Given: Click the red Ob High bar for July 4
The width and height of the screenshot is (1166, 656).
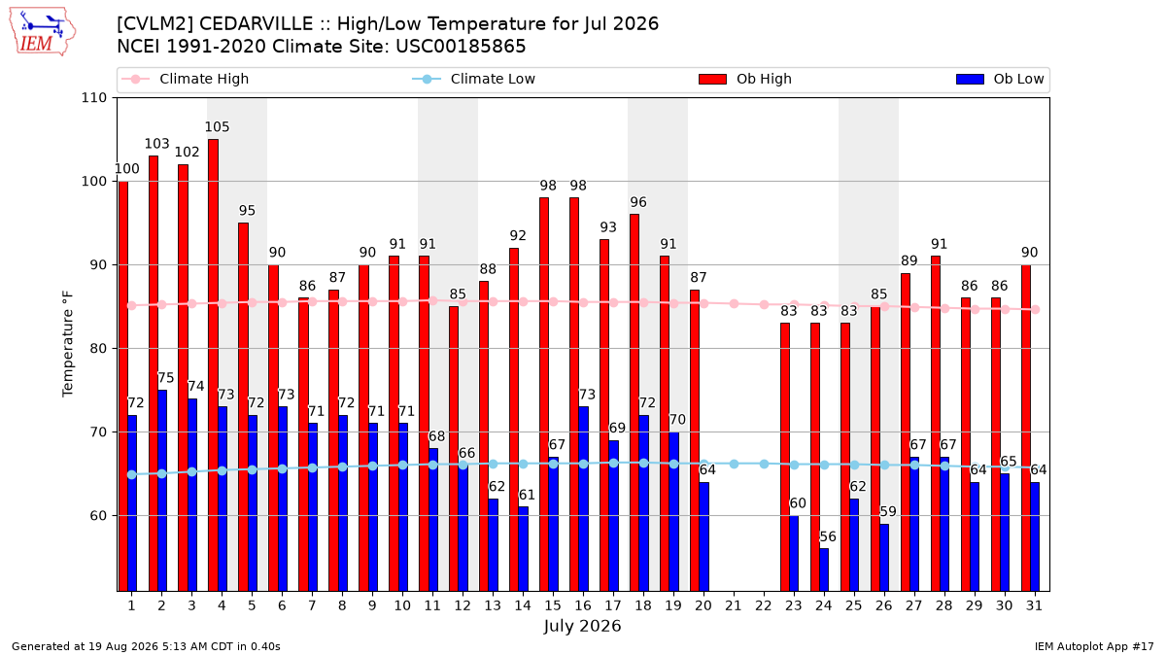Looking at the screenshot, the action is click(213, 365).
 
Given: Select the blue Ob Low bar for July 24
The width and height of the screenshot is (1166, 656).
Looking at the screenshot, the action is click(824, 570).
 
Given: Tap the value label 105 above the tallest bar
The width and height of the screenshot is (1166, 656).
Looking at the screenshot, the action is click(217, 127).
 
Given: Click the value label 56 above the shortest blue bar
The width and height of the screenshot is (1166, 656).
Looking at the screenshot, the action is click(828, 536).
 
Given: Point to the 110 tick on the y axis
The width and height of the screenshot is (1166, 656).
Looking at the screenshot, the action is click(93, 98).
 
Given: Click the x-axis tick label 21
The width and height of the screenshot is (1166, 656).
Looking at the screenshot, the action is click(734, 605).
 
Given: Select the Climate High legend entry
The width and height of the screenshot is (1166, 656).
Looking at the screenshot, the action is click(186, 79).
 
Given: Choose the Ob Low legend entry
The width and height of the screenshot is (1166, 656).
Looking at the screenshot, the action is click(1000, 79).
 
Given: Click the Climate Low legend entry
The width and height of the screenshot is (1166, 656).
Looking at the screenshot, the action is click(474, 79).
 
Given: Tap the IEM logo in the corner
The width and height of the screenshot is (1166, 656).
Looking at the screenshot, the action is click(43, 32).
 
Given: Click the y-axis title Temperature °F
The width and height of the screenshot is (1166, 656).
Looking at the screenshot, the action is click(68, 344).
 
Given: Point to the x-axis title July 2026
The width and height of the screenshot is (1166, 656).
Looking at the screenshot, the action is click(582, 626).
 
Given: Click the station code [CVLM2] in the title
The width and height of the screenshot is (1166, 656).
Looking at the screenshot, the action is click(154, 24).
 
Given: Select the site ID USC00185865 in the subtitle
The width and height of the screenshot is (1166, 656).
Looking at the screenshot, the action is click(461, 47).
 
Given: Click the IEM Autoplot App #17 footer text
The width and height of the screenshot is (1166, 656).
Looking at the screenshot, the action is click(1094, 646).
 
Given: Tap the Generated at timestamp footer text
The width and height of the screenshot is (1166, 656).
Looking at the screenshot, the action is click(146, 646).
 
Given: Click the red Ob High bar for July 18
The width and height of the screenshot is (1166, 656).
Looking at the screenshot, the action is click(634, 402).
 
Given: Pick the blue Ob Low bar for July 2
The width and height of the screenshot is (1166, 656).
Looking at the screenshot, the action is click(162, 491).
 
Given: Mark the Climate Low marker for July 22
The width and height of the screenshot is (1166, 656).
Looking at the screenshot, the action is click(764, 464).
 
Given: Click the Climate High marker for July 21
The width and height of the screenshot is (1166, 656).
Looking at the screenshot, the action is click(734, 303).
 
